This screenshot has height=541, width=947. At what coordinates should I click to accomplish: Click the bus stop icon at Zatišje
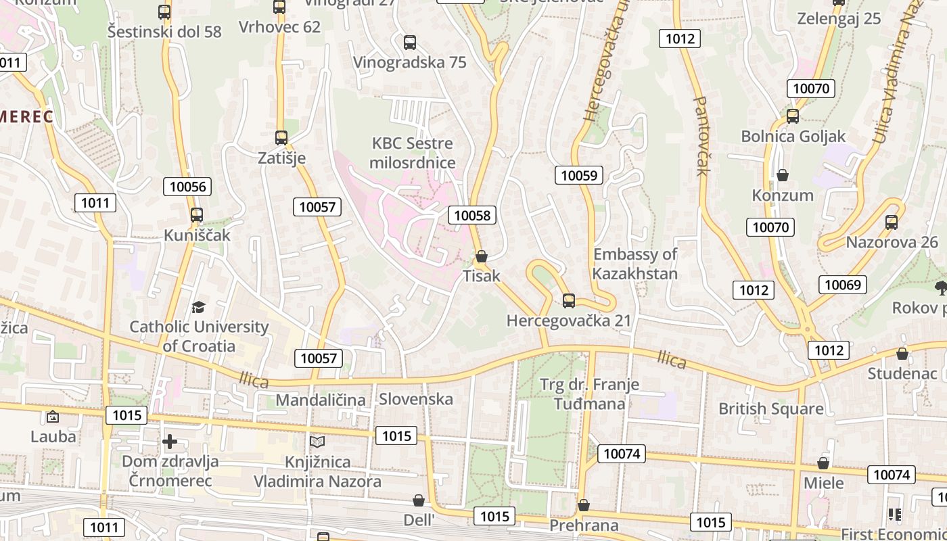(281, 137)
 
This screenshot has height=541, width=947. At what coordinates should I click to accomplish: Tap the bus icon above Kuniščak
(197, 215)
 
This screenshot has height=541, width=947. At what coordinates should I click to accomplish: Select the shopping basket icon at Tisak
(482, 256)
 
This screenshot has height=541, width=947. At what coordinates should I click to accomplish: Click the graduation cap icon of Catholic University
(198, 307)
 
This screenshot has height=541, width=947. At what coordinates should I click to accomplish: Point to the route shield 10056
(187, 187)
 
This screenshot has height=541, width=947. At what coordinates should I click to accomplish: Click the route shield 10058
(472, 215)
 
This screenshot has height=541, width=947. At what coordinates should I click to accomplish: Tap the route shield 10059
(579, 175)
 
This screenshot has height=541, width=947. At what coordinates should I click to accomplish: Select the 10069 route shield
(842, 284)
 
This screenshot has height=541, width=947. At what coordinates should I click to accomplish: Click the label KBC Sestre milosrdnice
(413, 153)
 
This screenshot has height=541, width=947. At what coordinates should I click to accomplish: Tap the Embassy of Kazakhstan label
(635, 264)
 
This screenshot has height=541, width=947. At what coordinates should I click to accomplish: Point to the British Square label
(770, 408)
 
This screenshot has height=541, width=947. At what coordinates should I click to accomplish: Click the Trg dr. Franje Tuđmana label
(589, 394)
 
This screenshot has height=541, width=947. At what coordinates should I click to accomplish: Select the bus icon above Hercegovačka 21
(569, 300)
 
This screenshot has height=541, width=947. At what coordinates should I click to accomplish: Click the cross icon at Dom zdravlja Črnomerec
(170, 442)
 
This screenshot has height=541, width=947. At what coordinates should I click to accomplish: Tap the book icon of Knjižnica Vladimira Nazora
(317, 442)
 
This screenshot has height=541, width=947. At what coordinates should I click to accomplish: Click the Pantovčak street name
(701, 135)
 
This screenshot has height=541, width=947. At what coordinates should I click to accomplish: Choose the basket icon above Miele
(823, 463)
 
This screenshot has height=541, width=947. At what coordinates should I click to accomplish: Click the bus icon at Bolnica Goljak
(793, 116)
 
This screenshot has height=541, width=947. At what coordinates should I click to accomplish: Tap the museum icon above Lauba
(53, 417)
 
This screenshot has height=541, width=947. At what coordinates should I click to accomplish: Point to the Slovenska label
(415, 399)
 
